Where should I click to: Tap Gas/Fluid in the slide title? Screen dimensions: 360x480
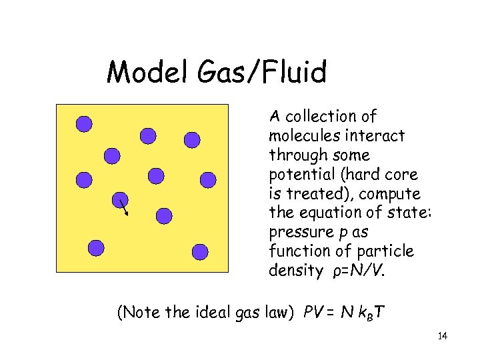(x=259, y=73)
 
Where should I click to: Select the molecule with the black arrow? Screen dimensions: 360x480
(x=119, y=199)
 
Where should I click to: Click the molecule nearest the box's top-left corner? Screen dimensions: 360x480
(x=84, y=123)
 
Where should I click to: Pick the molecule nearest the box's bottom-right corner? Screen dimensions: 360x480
(x=200, y=251)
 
